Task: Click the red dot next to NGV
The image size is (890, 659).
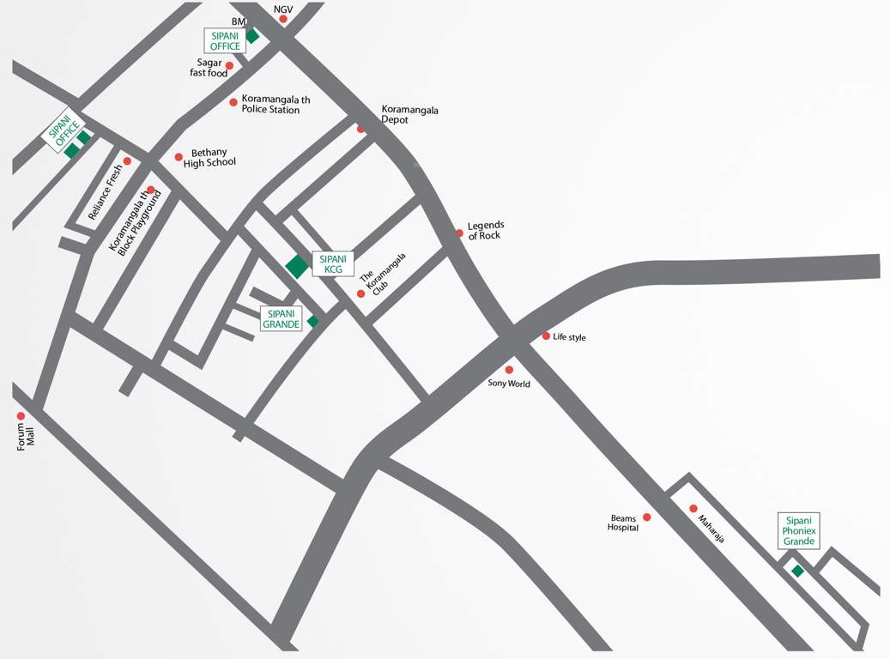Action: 282,18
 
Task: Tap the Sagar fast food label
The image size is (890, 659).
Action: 209,69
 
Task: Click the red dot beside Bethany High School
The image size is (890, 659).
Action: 179,157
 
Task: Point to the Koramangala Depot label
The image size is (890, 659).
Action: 409,115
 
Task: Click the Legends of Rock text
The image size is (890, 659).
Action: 485,231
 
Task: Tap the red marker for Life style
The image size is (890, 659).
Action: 546,336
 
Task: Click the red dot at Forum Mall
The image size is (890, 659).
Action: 21,416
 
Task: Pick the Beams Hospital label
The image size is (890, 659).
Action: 624,523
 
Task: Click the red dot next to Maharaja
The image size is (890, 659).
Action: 693,508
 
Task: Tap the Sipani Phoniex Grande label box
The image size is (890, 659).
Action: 798,531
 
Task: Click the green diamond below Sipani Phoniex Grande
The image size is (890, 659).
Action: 797,571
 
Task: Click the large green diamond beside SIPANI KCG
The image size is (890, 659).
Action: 297,266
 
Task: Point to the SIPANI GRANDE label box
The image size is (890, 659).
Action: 282,319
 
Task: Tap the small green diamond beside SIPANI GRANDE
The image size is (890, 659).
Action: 313,321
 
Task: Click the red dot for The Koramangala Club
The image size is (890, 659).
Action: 360,293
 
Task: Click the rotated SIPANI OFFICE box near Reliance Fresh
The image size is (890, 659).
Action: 64,131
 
